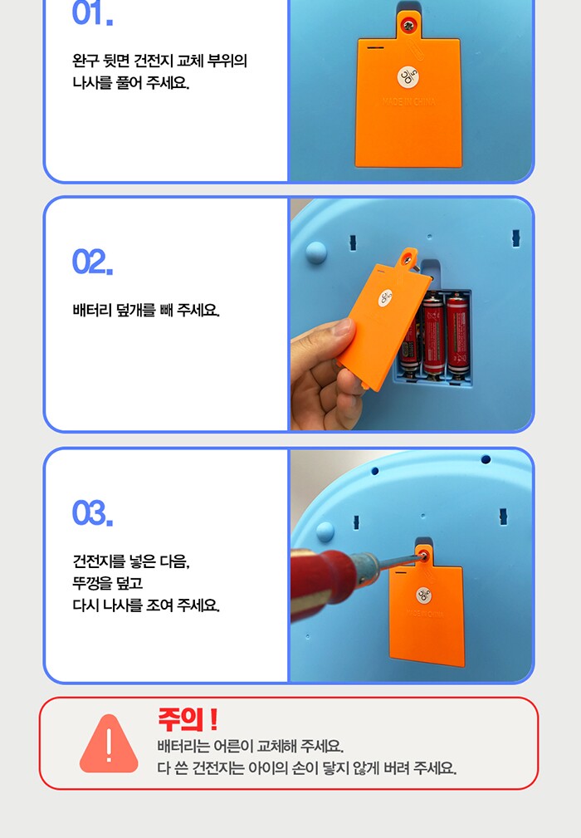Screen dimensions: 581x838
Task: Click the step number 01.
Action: tap(92, 12)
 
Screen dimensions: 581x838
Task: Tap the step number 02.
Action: tap(92, 262)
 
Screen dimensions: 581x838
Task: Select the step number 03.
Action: tap(92, 513)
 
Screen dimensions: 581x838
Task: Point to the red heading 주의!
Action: tap(188, 719)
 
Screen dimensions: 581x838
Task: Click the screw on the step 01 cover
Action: tap(409, 24)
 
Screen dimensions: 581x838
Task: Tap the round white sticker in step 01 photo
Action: tap(408, 77)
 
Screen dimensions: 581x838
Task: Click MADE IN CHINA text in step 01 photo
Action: tap(408, 101)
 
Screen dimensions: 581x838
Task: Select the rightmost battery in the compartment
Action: tap(456, 335)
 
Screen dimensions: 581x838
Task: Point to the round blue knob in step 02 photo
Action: tap(315, 252)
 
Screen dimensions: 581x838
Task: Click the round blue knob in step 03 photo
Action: tap(325, 532)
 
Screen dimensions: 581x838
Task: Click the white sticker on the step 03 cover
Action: tap(423, 595)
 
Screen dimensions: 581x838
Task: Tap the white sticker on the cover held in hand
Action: tap(386, 298)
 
